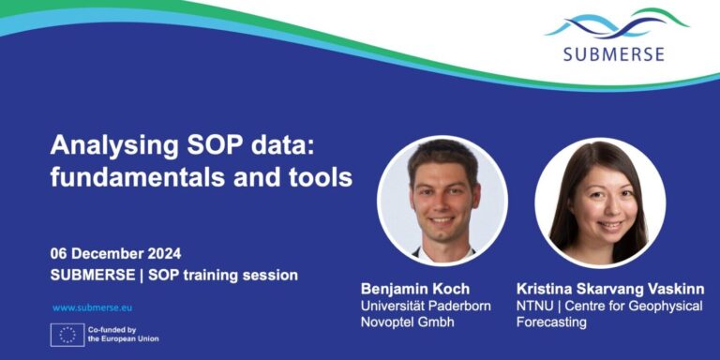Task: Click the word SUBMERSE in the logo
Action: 613,53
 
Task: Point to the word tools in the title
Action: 316,176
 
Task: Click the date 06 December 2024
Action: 116,253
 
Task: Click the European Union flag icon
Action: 67,335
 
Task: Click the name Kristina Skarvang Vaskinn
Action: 609,289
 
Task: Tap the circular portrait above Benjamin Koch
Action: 442,201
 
